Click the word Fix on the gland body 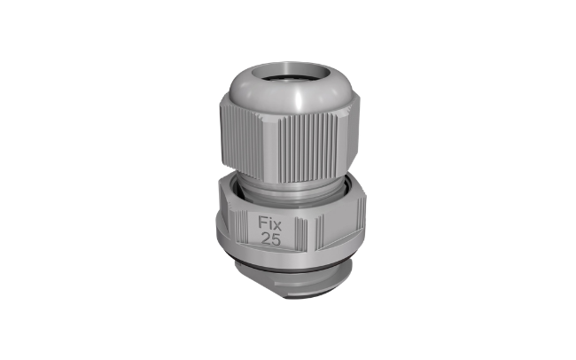(x=270, y=223)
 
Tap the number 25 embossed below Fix (x=271, y=239)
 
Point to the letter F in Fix (x=262, y=223)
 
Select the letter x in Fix (x=277, y=224)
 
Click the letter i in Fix (x=269, y=223)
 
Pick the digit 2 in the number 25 (x=266, y=239)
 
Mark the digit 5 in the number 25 (x=276, y=239)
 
